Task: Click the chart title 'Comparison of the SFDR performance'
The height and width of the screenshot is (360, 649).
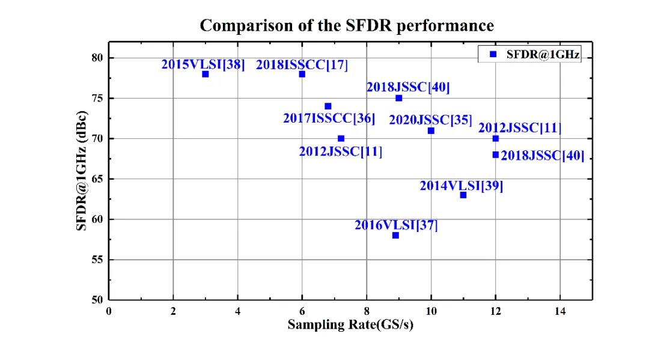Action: point(347,26)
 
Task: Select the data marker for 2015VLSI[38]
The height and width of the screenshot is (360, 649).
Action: point(206,74)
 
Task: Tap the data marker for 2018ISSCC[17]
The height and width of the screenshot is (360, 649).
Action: point(302,74)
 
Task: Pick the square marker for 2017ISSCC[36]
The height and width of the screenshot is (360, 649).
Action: point(328,106)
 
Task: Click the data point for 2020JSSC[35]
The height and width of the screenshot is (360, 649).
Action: point(431,130)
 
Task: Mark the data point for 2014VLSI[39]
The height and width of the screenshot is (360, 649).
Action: point(463,195)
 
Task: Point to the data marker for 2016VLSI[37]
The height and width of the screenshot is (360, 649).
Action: point(395,235)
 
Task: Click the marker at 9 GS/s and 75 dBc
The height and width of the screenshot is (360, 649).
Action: point(398,98)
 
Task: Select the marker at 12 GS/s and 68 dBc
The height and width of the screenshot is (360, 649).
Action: point(495,154)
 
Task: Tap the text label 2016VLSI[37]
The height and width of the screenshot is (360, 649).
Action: point(396,225)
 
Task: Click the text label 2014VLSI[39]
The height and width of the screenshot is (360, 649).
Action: point(461,186)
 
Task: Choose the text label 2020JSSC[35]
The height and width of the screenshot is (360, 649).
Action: point(430,120)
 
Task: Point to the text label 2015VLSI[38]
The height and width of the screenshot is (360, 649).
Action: point(203,64)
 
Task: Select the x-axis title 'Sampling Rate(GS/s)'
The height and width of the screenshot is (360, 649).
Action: point(350,325)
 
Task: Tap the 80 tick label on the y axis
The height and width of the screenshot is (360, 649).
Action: point(97,58)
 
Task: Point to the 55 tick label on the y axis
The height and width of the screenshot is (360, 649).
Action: point(97,260)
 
